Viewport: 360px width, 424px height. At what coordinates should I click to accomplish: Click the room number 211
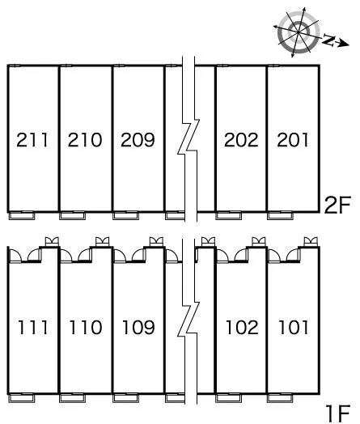(32, 140)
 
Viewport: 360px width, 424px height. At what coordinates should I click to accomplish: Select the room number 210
(85, 140)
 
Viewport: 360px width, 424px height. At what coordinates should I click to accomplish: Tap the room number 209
(138, 140)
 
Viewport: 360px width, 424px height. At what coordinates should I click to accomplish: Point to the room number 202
(241, 140)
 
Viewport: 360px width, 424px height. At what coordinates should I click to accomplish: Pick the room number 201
(293, 140)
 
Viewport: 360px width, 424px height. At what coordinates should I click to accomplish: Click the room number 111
(33, 327)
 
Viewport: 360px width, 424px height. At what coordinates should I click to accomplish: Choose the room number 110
(86, 327)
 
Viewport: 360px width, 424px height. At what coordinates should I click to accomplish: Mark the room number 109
(138, 327)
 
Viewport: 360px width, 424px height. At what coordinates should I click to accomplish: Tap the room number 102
(242, 327)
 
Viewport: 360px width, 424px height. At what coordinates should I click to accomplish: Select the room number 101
(294, 327)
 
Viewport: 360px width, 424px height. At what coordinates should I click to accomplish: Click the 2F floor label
(337, 205)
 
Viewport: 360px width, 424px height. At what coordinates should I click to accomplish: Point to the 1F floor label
(338, 413)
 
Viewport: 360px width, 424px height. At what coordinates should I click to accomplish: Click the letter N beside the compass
(328, 40)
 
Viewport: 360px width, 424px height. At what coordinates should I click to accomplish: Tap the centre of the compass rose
(299, 32)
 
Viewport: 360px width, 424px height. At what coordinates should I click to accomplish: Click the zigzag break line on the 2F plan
(188, 138)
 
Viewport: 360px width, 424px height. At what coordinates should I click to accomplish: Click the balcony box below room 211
(22, 215)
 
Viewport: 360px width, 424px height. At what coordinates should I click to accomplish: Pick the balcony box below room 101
(280, 398)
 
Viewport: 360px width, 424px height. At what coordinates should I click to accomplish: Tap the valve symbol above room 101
(311, 241)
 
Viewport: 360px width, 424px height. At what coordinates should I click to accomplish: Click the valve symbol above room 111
(52, 241)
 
